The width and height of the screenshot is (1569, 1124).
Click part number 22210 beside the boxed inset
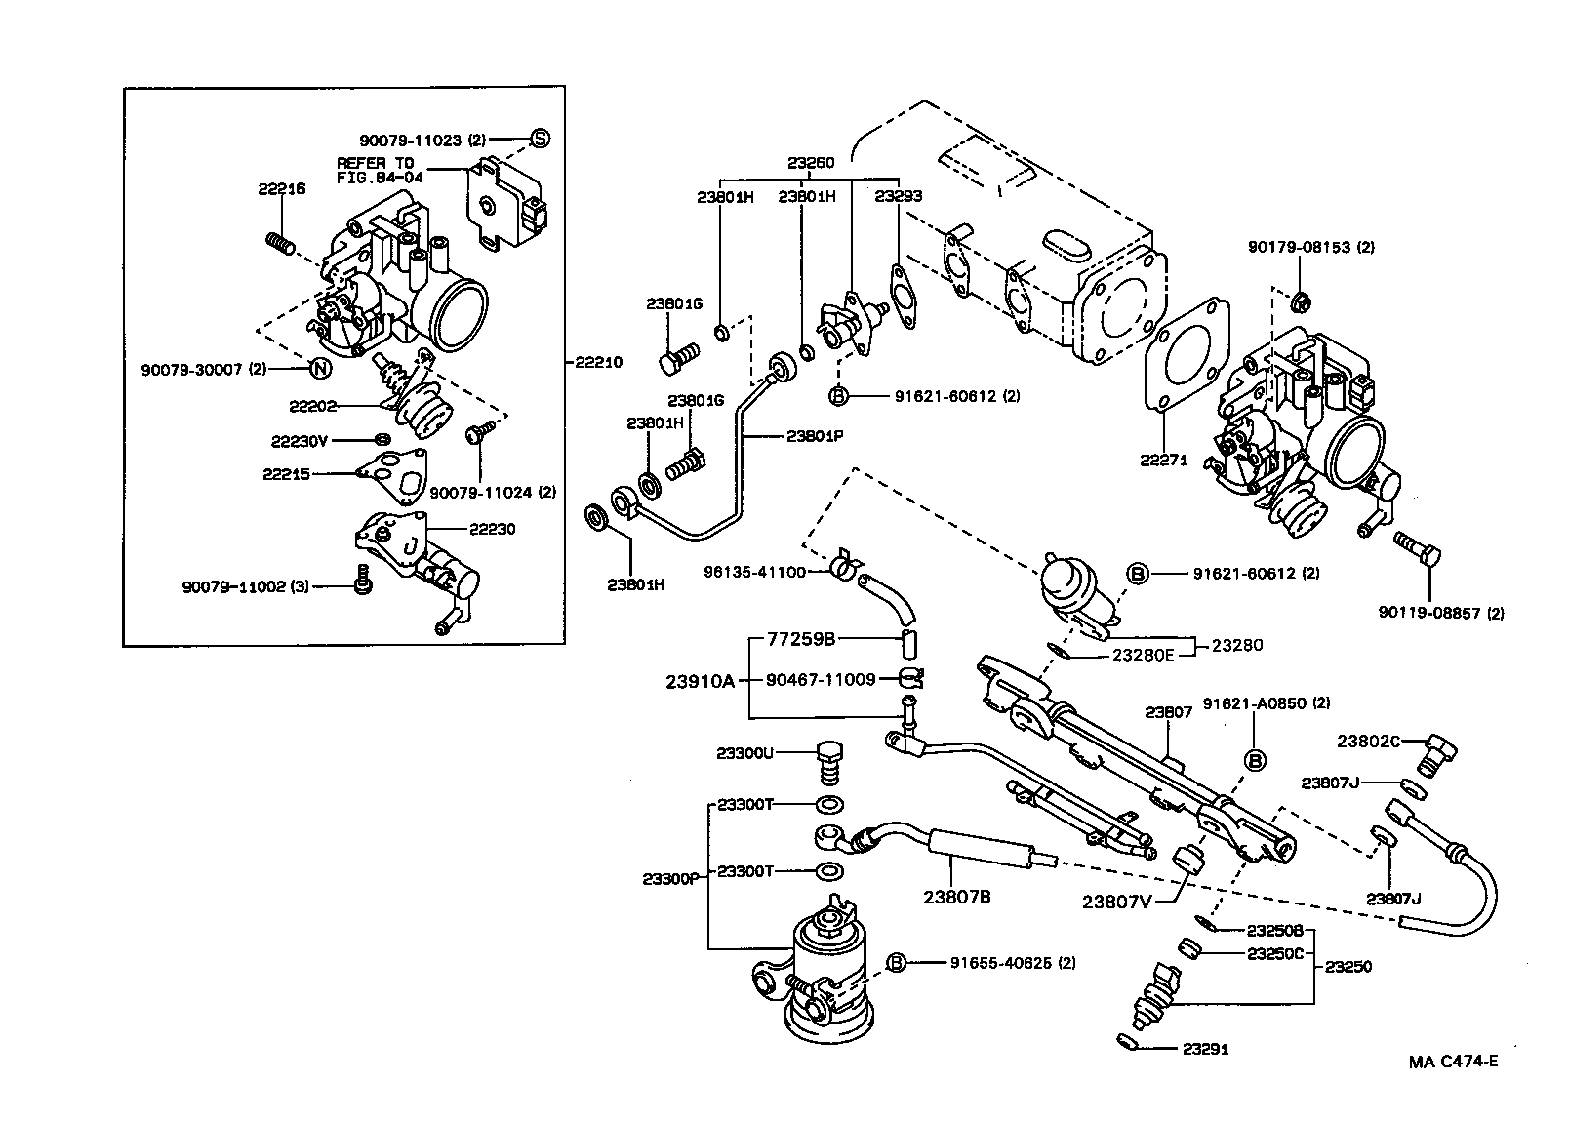597,362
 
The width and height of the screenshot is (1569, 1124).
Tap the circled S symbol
539,139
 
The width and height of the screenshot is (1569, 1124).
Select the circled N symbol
318,368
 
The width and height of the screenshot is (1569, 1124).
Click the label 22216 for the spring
282,188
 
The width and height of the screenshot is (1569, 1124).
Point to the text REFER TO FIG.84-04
376,170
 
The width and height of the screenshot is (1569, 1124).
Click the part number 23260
811,163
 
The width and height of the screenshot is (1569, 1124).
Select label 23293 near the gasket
898,196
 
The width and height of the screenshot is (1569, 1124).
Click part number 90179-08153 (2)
1310,247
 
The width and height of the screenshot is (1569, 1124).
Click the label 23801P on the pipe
814,436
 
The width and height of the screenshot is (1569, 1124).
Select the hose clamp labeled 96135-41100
845,566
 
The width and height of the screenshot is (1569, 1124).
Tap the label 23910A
700,681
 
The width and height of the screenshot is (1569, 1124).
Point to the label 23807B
957,896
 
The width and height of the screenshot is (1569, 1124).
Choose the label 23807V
1115,901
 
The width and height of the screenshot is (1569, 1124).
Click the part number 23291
1205,1050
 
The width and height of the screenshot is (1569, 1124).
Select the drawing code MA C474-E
1452,1062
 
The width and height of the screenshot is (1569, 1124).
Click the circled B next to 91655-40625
897,963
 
